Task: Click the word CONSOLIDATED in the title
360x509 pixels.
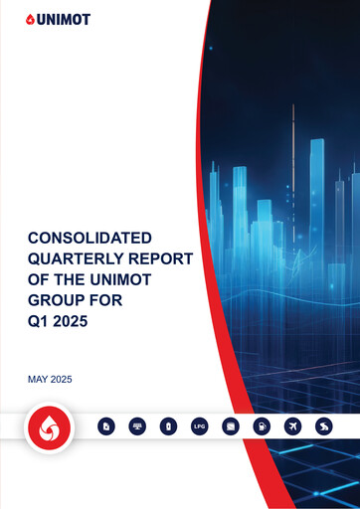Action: pyautogui.click(x=89, y=239)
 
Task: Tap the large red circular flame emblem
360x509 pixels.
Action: pyautogui.click(x=46, y=427)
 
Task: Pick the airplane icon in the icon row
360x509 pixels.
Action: pyautogui.click(x=292, y=426)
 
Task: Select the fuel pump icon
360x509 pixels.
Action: pyautogui.click(x=262, y=426)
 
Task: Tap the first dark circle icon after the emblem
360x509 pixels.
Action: pyautogui.click(x=107, y=426)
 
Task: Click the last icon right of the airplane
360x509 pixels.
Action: pyautogui.click(x=323, y=426)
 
